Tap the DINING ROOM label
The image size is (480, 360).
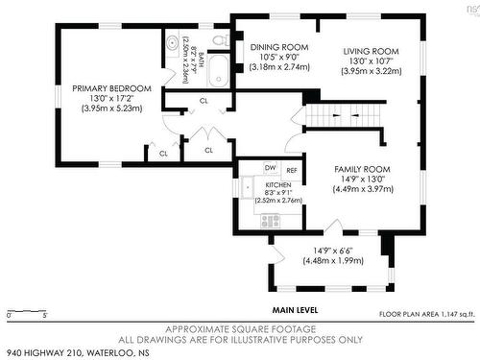coord(279,47)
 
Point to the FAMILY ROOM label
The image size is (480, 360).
coord(362,168)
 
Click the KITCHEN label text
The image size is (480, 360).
coord(278,183)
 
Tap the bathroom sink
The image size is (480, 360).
coord(173,42)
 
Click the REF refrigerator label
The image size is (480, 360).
coord(291,170)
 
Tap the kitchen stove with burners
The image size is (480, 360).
coord(271,220)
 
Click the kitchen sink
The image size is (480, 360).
coord(247,188)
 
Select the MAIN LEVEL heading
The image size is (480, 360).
coord(295,310)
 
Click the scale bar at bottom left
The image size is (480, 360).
coord(26,311)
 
